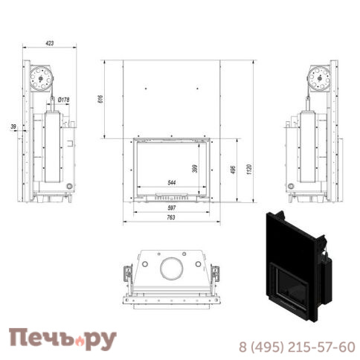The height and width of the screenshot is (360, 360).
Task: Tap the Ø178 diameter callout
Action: (x=64, y=99)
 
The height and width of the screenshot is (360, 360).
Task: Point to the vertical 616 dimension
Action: (x=100, y=98)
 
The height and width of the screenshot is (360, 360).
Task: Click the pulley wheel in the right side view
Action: (x=321, y=76)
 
